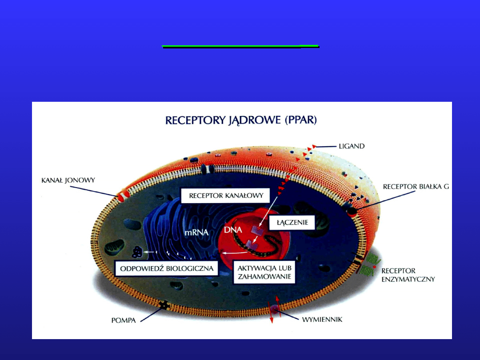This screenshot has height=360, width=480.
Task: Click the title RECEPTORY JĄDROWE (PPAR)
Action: (x=240, y=120)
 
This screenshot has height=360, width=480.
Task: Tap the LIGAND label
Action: (x=351, y=146)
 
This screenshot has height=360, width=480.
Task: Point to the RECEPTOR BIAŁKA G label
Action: (x=416, y=187)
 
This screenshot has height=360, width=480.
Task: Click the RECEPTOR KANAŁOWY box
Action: (x=226, y=195)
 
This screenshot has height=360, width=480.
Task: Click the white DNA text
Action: (x=233, y=231)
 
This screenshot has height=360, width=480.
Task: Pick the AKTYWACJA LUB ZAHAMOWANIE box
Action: (x=264, y=272)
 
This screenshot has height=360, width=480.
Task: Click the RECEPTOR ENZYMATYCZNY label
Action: (x=408, y=275)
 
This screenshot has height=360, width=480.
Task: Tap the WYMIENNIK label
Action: (x=322, y=319)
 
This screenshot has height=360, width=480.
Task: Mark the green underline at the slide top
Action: (x=240, y=46)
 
